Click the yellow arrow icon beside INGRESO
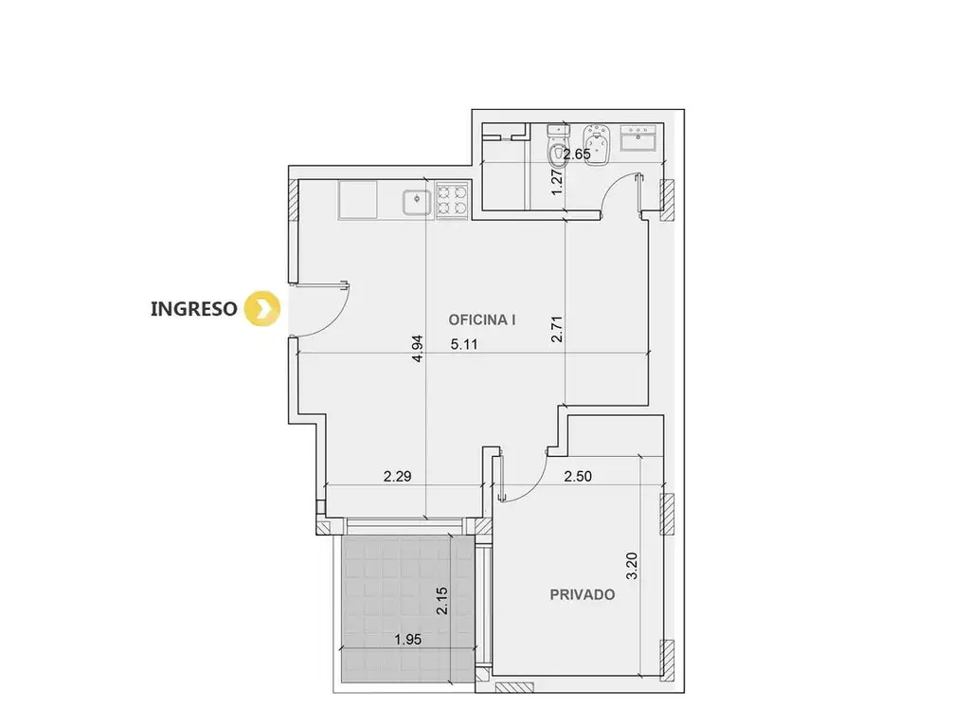262,308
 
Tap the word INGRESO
193,309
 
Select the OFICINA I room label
482,320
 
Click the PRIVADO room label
583,595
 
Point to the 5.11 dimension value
464,345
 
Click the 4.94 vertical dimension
418,349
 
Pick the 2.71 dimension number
557,329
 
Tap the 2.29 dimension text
397,476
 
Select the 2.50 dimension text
578,476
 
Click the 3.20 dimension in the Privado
632,566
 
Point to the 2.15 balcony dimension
441,600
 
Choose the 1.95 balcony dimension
408,640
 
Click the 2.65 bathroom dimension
577,155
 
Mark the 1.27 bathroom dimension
557,183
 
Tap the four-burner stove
452,200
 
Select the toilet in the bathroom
557,145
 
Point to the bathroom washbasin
638,137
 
